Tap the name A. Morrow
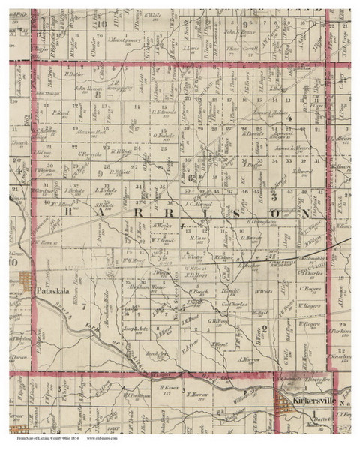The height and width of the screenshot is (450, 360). click(245, 358)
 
